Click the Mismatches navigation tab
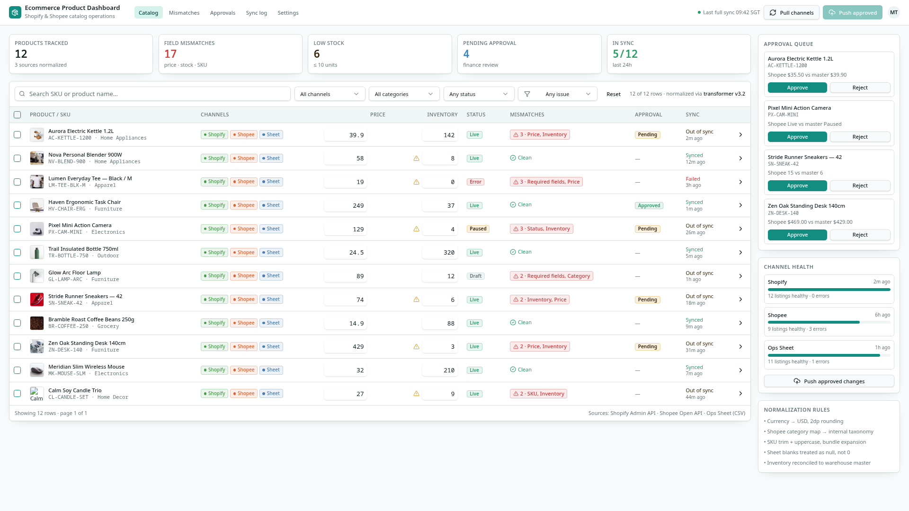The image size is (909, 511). coord(184,13)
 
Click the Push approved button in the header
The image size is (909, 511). coord(852,13)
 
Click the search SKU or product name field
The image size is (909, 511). coord(152,94)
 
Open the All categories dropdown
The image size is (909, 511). coord(404,94)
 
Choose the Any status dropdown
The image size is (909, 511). coord(479,94)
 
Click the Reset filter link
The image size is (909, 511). coord(613,94)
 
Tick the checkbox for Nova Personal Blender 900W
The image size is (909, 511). coord(18,158)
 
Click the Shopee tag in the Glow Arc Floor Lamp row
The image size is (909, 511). coord(244,276)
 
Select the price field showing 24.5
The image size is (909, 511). coord(345,253)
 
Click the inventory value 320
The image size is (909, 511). coord(440,253)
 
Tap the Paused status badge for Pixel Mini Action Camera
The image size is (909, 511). coord(478,229)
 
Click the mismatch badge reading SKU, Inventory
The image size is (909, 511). coord(538,394)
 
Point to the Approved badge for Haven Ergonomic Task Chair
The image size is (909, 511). coord(649,205)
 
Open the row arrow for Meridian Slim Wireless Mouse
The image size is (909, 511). coord(740,370)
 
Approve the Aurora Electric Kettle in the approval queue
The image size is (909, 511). coord(797,88)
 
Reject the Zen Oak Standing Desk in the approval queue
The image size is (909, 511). coord(860,235)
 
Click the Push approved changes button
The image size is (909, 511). coord(829,381)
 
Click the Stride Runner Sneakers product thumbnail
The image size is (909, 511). coord(37,300)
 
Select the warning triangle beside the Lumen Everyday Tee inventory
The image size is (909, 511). coord(416,182)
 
